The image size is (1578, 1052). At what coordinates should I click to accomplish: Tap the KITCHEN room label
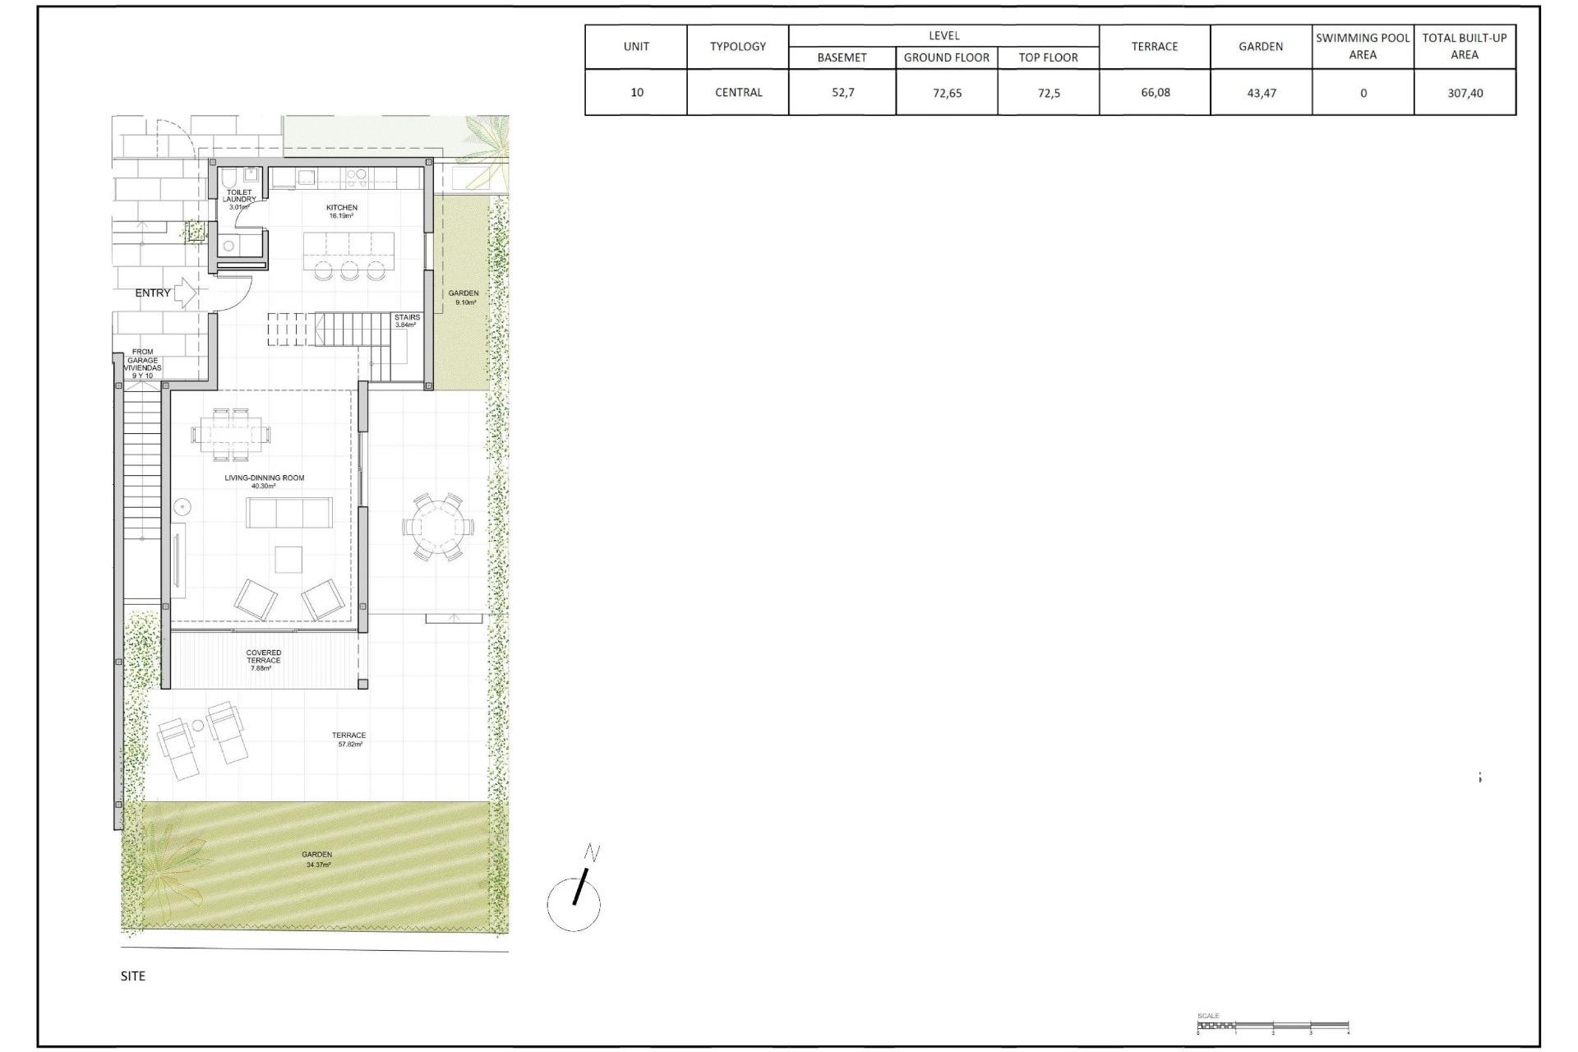341,211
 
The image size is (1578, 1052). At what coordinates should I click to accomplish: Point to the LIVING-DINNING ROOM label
265,481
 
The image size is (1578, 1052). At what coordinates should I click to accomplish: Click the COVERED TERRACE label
264,660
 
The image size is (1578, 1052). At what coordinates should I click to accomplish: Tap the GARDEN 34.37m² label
318,859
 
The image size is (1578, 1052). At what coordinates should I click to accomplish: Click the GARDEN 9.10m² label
464,297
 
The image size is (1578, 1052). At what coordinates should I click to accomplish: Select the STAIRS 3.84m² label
407,321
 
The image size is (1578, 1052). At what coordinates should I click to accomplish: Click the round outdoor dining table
437,527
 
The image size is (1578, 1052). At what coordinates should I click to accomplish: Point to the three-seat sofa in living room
289,513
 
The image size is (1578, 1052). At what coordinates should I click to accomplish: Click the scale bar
1272,1026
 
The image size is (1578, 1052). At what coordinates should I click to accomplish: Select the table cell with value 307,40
1465,93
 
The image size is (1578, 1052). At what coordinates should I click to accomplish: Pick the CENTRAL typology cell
738,92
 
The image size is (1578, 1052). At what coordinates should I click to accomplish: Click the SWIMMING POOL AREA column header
1363,46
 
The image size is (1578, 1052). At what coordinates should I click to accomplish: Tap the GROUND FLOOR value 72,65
947,93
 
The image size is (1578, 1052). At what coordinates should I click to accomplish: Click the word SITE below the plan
133,976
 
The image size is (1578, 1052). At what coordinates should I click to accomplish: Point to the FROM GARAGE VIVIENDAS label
142,363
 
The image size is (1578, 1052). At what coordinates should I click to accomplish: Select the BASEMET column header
842,58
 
